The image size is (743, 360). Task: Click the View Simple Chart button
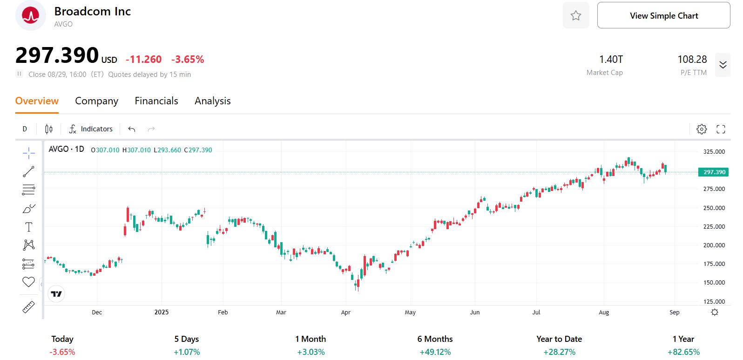click(663, 16)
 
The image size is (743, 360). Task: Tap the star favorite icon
click(576, 16)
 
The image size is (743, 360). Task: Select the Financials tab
click(156, 101)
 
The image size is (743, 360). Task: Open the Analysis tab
click(213, 101)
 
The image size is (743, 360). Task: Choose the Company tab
click(96, 101)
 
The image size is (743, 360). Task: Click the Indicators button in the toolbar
click(91, 129)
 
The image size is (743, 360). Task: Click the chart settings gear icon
click(702, 129)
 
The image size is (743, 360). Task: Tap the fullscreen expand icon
click(721, 129)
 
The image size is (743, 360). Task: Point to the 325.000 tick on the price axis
click(714, 152)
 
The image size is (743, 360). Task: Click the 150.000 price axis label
click(714, 283)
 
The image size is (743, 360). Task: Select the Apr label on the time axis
click(345, 312)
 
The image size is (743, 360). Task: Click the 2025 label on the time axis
click(162, 312)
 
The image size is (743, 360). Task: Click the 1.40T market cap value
click(611, 60)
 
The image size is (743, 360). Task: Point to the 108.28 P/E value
click(692, 60)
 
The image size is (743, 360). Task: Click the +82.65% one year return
click(683, 352)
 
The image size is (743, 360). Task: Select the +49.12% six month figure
click(435, 352)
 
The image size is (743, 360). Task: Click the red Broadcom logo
click(31, 16)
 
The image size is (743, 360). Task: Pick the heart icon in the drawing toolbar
click(28, 282)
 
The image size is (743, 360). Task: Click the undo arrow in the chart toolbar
click(132, 129)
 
